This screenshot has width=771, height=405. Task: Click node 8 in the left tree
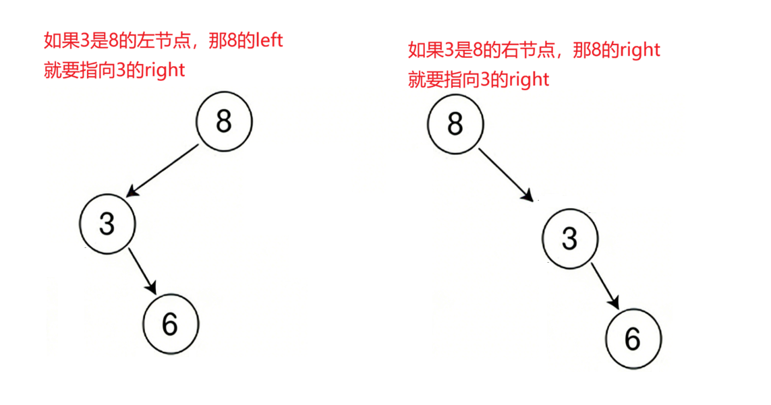coord(224,122)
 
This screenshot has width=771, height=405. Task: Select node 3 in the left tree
coord(107,224)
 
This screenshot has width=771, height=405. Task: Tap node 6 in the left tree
coord(170,325)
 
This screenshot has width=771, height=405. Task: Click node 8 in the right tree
coord(455,124)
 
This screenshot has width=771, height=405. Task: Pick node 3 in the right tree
coord(570,239)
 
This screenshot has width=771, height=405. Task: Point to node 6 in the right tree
coord(633,338)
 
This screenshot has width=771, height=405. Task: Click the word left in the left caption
coord(268,40)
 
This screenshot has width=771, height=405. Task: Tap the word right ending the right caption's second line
coord(530,80)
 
